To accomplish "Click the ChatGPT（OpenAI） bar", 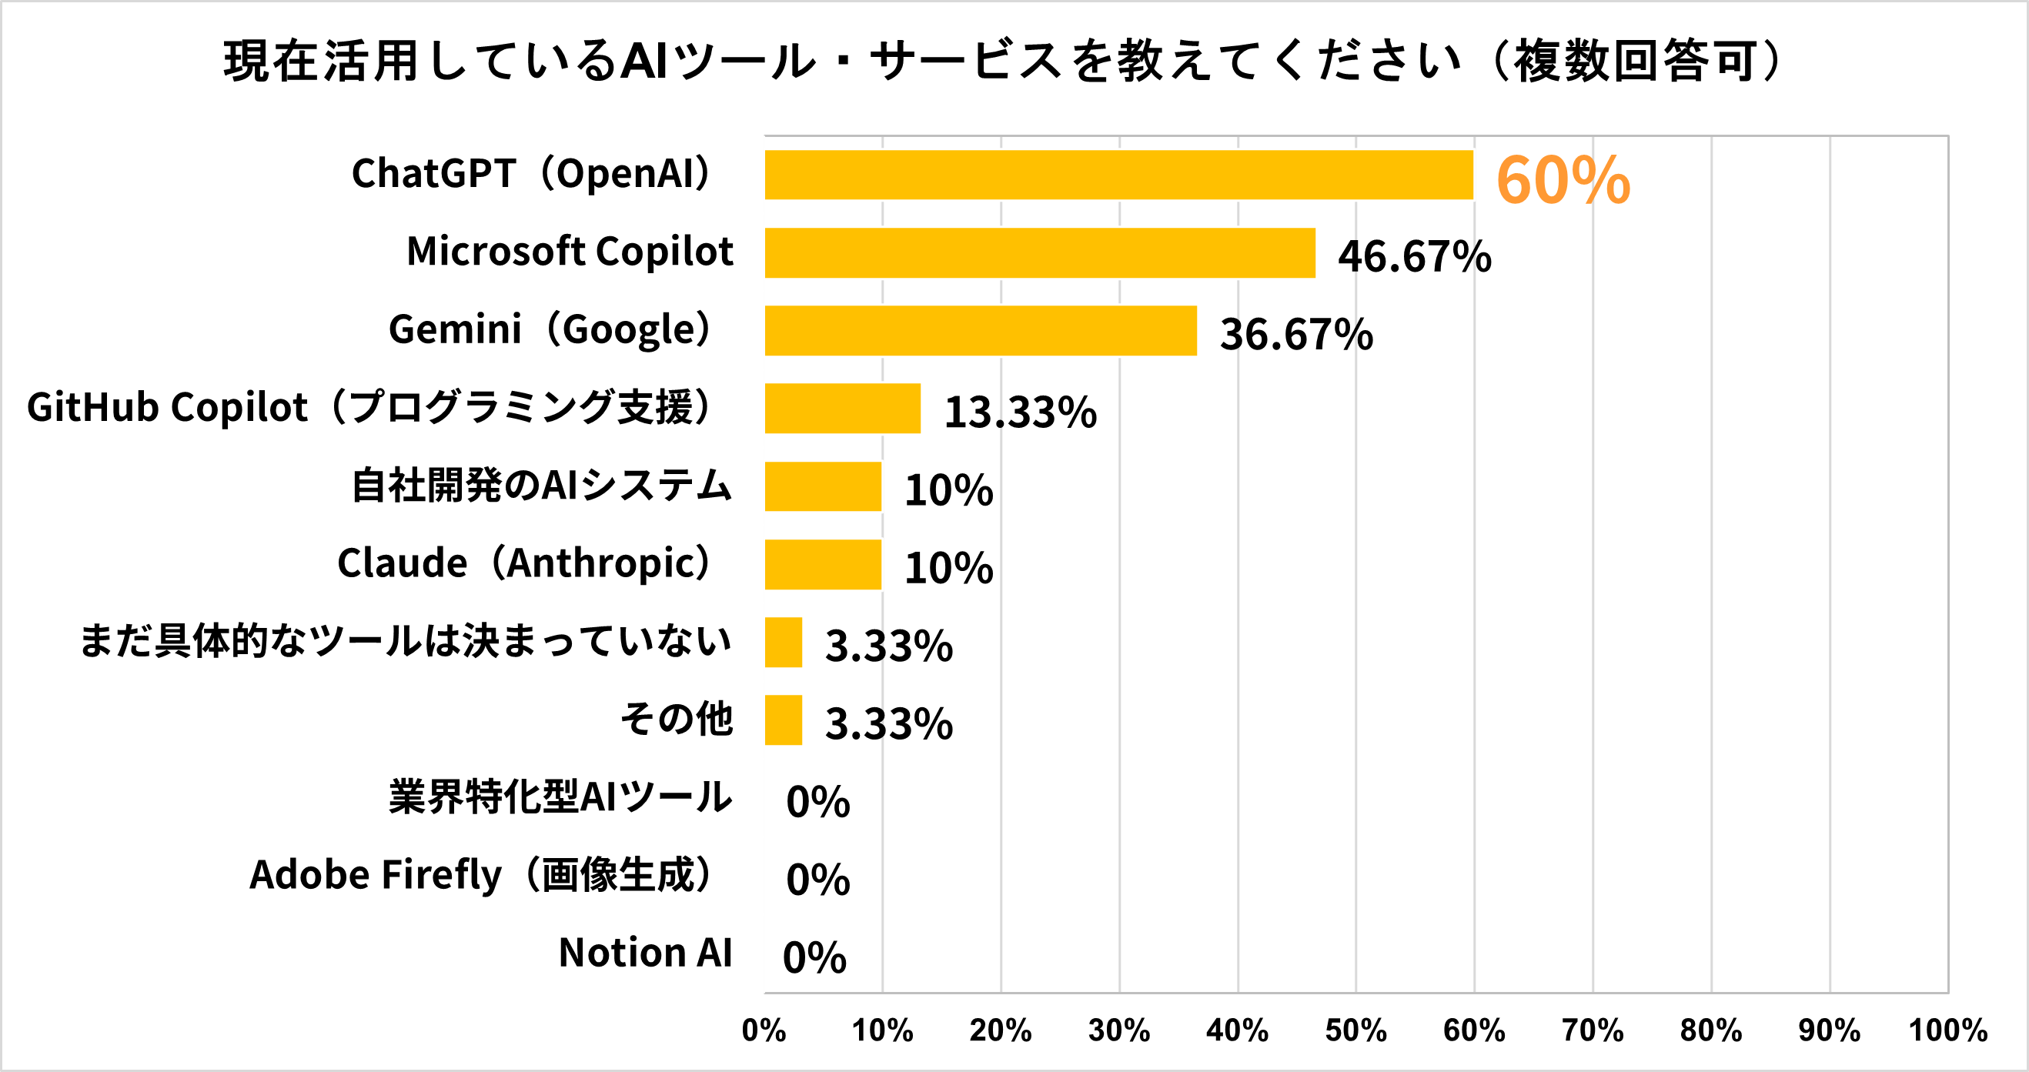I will (1118, 175).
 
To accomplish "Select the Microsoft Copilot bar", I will (1040, 253).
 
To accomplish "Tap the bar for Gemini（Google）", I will (981, 331).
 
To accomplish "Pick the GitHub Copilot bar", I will (842, 408).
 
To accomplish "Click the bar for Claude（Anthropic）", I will (822, 564).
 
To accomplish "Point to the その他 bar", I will (783, 720).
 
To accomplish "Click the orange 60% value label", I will (1563, 180).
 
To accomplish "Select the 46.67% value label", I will (1415, 257).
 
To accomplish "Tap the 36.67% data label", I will (1296, 334).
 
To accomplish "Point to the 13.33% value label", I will (1020, 412).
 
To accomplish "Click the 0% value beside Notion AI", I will (814, 958).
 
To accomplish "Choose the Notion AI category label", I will (645, 953).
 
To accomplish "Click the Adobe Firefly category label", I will (482, 875).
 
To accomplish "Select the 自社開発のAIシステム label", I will (542, 485).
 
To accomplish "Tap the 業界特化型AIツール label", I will (560, 797).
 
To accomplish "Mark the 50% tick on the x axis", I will (1355, 1030).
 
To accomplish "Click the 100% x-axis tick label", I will (1947, 1030).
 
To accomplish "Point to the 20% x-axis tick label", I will (1001, 1030).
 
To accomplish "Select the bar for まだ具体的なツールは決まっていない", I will (783, 642).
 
